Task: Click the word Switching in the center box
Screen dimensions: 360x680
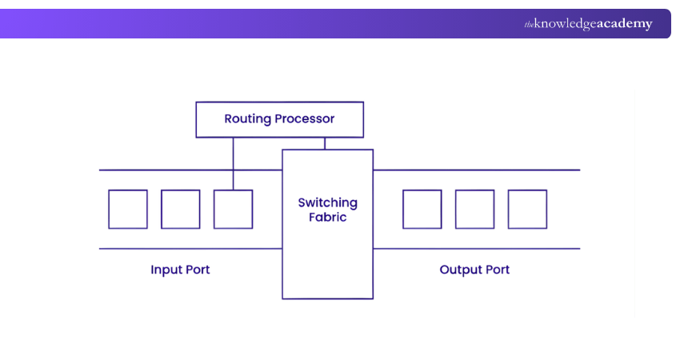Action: pyautogui.click(x=327, y=202)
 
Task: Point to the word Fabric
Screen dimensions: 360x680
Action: pyautogui.click(x=327, y=217)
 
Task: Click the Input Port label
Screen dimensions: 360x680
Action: pyautogui.click(x=180, y=270)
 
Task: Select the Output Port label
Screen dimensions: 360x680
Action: pyautogui.click(x=474, y=270)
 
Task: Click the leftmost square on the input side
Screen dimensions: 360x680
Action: pyautogui.click(x=128, y=210)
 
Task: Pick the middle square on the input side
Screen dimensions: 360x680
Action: pyautogui.click(x=181, y=210)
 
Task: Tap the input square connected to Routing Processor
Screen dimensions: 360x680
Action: pyautogui.click(x=233, y=210)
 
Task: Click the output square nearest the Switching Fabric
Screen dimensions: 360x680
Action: pyautogui.click(x=422, y=210)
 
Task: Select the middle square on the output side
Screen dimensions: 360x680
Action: pyautogui.click(x=474, y=210)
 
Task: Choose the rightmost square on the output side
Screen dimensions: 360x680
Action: pyautogui.click(x=527, y=210)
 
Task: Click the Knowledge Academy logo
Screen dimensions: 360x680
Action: pyautogui.click(x=588, y=24)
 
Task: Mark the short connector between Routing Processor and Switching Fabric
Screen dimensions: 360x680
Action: pyautogui.click(x=325, y=143)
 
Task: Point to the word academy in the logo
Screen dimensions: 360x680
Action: pyautogui.click(x=625, y=24)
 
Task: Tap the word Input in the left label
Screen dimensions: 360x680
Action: pyautogui.click(x=166, y=270)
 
